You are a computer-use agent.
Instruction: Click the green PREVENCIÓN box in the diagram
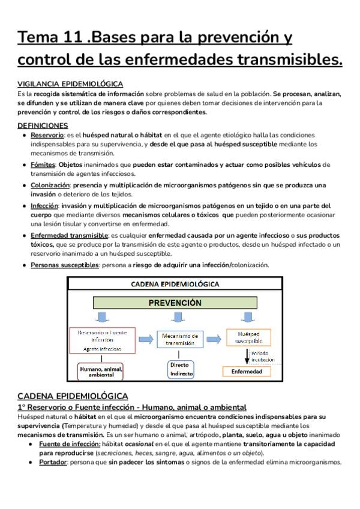(175, 303)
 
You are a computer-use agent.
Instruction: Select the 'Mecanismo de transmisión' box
(181, 339)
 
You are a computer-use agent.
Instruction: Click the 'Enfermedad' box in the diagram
(247, 372)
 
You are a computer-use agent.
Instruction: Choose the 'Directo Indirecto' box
(179, 369)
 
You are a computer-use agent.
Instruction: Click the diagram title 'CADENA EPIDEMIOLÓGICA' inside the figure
(175, 284)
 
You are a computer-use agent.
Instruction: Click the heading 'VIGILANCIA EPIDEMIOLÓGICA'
(70, 84)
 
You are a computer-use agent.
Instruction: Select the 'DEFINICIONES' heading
(43, 125)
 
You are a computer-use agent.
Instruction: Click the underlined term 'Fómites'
(43, 164)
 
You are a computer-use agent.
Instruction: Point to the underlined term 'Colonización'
(50, 185)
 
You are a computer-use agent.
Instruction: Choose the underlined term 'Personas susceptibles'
(64, 265)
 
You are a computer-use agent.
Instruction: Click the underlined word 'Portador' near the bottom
(53, 462)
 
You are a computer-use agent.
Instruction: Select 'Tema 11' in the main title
(49, 38)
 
